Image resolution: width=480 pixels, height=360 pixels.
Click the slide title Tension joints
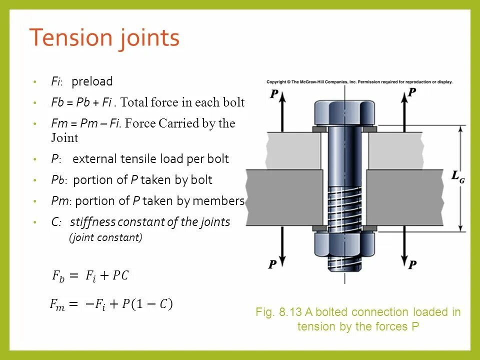tap(104, 38)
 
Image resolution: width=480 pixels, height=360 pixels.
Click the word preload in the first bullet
tap(92, 81)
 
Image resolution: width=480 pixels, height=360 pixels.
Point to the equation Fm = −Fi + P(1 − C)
tap(110, 303)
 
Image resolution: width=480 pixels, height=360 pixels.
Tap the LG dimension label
tap(458, 176)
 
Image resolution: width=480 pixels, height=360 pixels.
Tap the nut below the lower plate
tap(344, 245)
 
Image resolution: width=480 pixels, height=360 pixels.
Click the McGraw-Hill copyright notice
tap(359, 82)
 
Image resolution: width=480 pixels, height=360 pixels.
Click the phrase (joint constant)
tap(105, 238)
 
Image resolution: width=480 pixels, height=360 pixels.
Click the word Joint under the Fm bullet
tap(64, 137)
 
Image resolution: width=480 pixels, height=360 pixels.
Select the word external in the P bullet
tap(93, 159)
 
